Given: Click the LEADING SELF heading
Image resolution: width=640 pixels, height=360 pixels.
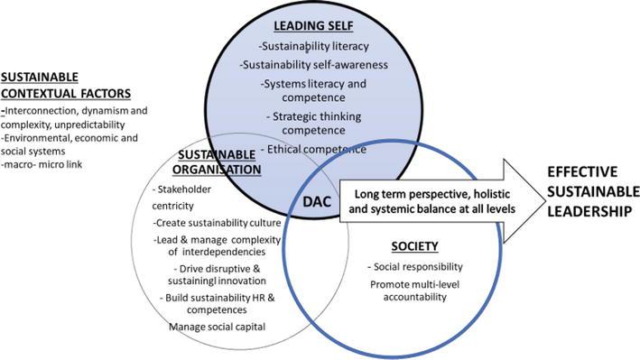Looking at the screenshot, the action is [313, 25].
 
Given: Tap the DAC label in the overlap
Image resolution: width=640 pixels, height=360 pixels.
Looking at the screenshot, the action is [317, 201].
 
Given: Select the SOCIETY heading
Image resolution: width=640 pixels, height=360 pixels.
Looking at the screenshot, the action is [414, 246].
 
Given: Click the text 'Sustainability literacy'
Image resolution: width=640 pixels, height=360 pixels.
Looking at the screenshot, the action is [315, 46].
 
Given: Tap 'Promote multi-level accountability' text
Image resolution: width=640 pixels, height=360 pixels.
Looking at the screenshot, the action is [414, 291].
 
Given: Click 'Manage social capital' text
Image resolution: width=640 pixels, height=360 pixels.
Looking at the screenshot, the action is [218, 327].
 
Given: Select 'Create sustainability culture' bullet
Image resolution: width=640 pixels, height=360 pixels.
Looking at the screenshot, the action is [218, 223].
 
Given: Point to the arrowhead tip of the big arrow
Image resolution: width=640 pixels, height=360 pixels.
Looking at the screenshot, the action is [545, 201].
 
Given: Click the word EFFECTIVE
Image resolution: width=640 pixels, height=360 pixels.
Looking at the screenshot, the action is [582, 171].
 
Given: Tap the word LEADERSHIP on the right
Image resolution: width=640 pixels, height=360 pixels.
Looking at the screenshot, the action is [589, 211].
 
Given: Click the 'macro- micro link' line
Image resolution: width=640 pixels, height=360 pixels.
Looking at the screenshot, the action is [42, 164].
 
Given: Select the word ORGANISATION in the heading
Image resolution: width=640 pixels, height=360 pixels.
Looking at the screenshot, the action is [217, 170].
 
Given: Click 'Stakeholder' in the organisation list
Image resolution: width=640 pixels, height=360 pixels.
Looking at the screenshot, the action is [184, 189].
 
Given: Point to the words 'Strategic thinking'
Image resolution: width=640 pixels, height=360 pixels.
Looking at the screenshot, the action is [317, 116].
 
